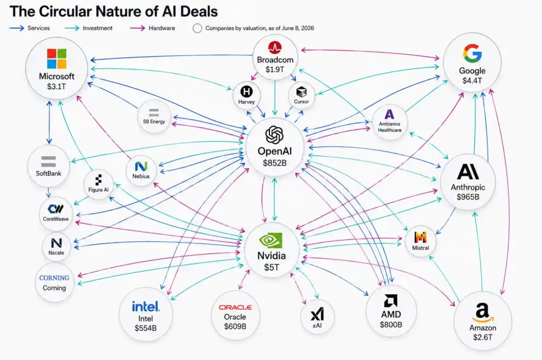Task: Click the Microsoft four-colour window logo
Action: click(57, 59)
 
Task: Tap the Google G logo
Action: click(472, 53)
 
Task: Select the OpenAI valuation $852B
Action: click(275, 163)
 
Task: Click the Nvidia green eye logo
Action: click(270, 241)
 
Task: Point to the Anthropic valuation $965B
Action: click(468, 197)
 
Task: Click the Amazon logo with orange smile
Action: click(483, 313)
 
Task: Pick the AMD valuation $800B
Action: click(391, 324)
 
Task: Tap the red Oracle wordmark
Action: click(235, 307)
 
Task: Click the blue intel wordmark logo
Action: click(146, 306)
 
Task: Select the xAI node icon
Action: click(317, 314)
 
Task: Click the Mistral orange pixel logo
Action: click(421, 237)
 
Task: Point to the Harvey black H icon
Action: click(246, 92)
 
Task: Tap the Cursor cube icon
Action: click(302, 92)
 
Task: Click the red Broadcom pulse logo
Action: click(275, 47)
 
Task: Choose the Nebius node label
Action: click(141, 176)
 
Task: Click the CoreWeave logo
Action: click(56, 209)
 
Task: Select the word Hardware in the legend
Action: click(162, 28)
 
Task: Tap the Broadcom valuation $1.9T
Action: click(275, 70)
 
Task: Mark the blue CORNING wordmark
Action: click(54, 278)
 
